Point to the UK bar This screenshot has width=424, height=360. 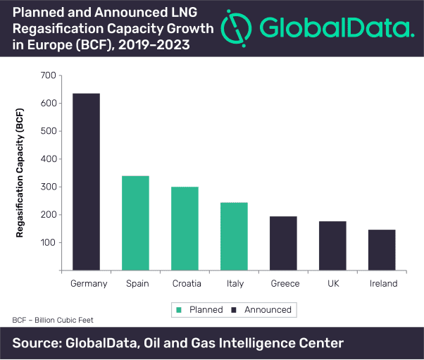coord(333,246)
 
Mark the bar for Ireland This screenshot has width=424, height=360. coord(382,250)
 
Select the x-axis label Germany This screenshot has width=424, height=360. coord(89,284)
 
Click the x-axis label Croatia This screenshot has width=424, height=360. coord(187,284)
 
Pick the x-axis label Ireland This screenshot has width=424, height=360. coord(383,284)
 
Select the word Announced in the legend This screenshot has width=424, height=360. coord(268,310)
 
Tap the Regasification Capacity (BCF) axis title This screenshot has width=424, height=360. coord(20,172)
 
